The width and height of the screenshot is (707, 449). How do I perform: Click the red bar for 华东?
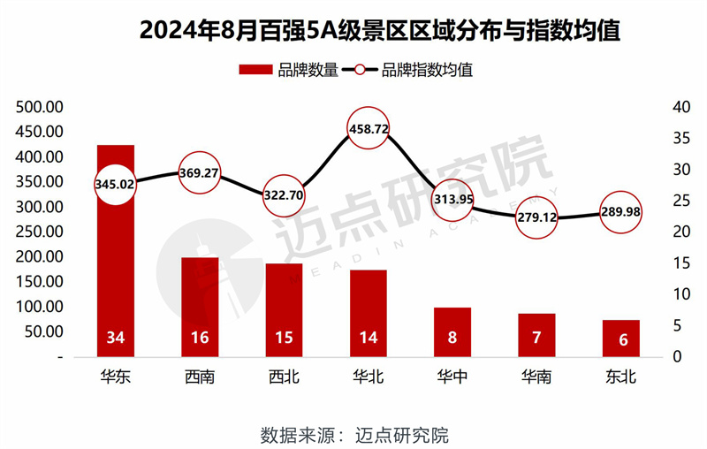[x=116, y=265]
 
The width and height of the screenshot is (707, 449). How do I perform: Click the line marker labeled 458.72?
[x=368, y=129]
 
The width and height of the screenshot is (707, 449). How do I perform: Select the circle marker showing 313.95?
[x=452, y=199]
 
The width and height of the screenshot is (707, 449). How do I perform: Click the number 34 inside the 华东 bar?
[x=116, y=339]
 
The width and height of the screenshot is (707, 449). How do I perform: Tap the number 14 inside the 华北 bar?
[x=368, y=339]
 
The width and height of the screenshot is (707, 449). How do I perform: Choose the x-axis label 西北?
[x=284, y=377]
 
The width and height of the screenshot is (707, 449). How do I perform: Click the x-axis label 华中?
[x=452, y=377]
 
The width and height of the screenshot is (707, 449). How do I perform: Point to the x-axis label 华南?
[x=536, y=377]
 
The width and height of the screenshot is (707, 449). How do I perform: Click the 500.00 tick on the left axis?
[x=40, y=107]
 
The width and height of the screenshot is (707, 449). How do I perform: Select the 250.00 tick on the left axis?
[x=40, y=232]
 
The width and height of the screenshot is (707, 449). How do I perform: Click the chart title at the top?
[x=353, y=32]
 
